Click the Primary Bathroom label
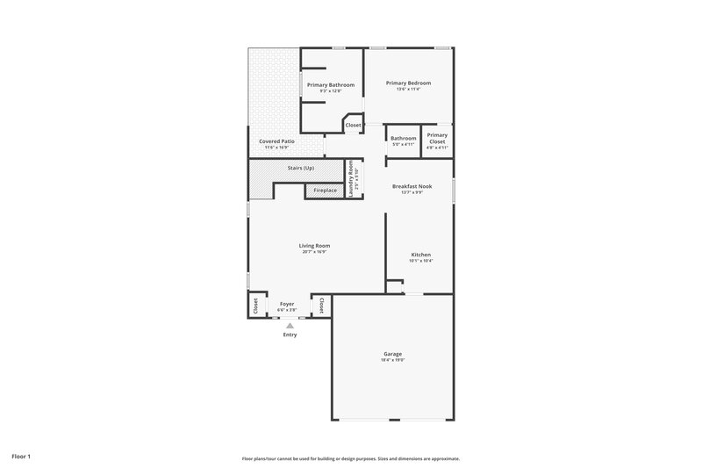331,84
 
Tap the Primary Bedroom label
408,83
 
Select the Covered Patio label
276,140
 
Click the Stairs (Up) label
301,167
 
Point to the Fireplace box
325,191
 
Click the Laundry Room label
352,179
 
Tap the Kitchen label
421,255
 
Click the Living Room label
314,246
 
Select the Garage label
392,354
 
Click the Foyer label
287,304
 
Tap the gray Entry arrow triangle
290,326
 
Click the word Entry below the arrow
290,335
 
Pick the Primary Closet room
437,140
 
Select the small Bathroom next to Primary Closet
404,140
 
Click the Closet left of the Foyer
256,306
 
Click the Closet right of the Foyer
321,306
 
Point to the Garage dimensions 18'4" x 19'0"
392,360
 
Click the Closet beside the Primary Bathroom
353,126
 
